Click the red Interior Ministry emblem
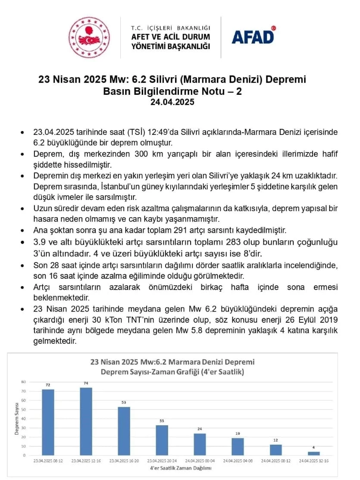(x=89, y=37)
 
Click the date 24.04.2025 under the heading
(x=172, y=102)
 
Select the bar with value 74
(x=86, y=421)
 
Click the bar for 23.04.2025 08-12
(x=48, y=422)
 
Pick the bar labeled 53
(x=124, y=431)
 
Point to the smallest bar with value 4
(x=313, y=453)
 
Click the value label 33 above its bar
(x=162, y=421)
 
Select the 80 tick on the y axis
(x=24, y=382)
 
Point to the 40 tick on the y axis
(x=24, y=418)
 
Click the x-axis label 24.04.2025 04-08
(x=238, y=461)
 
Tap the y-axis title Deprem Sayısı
(x=17, y=418)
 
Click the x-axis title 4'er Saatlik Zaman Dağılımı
(x=177, y=468)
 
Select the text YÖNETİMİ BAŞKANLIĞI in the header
(x=170, y=46)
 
